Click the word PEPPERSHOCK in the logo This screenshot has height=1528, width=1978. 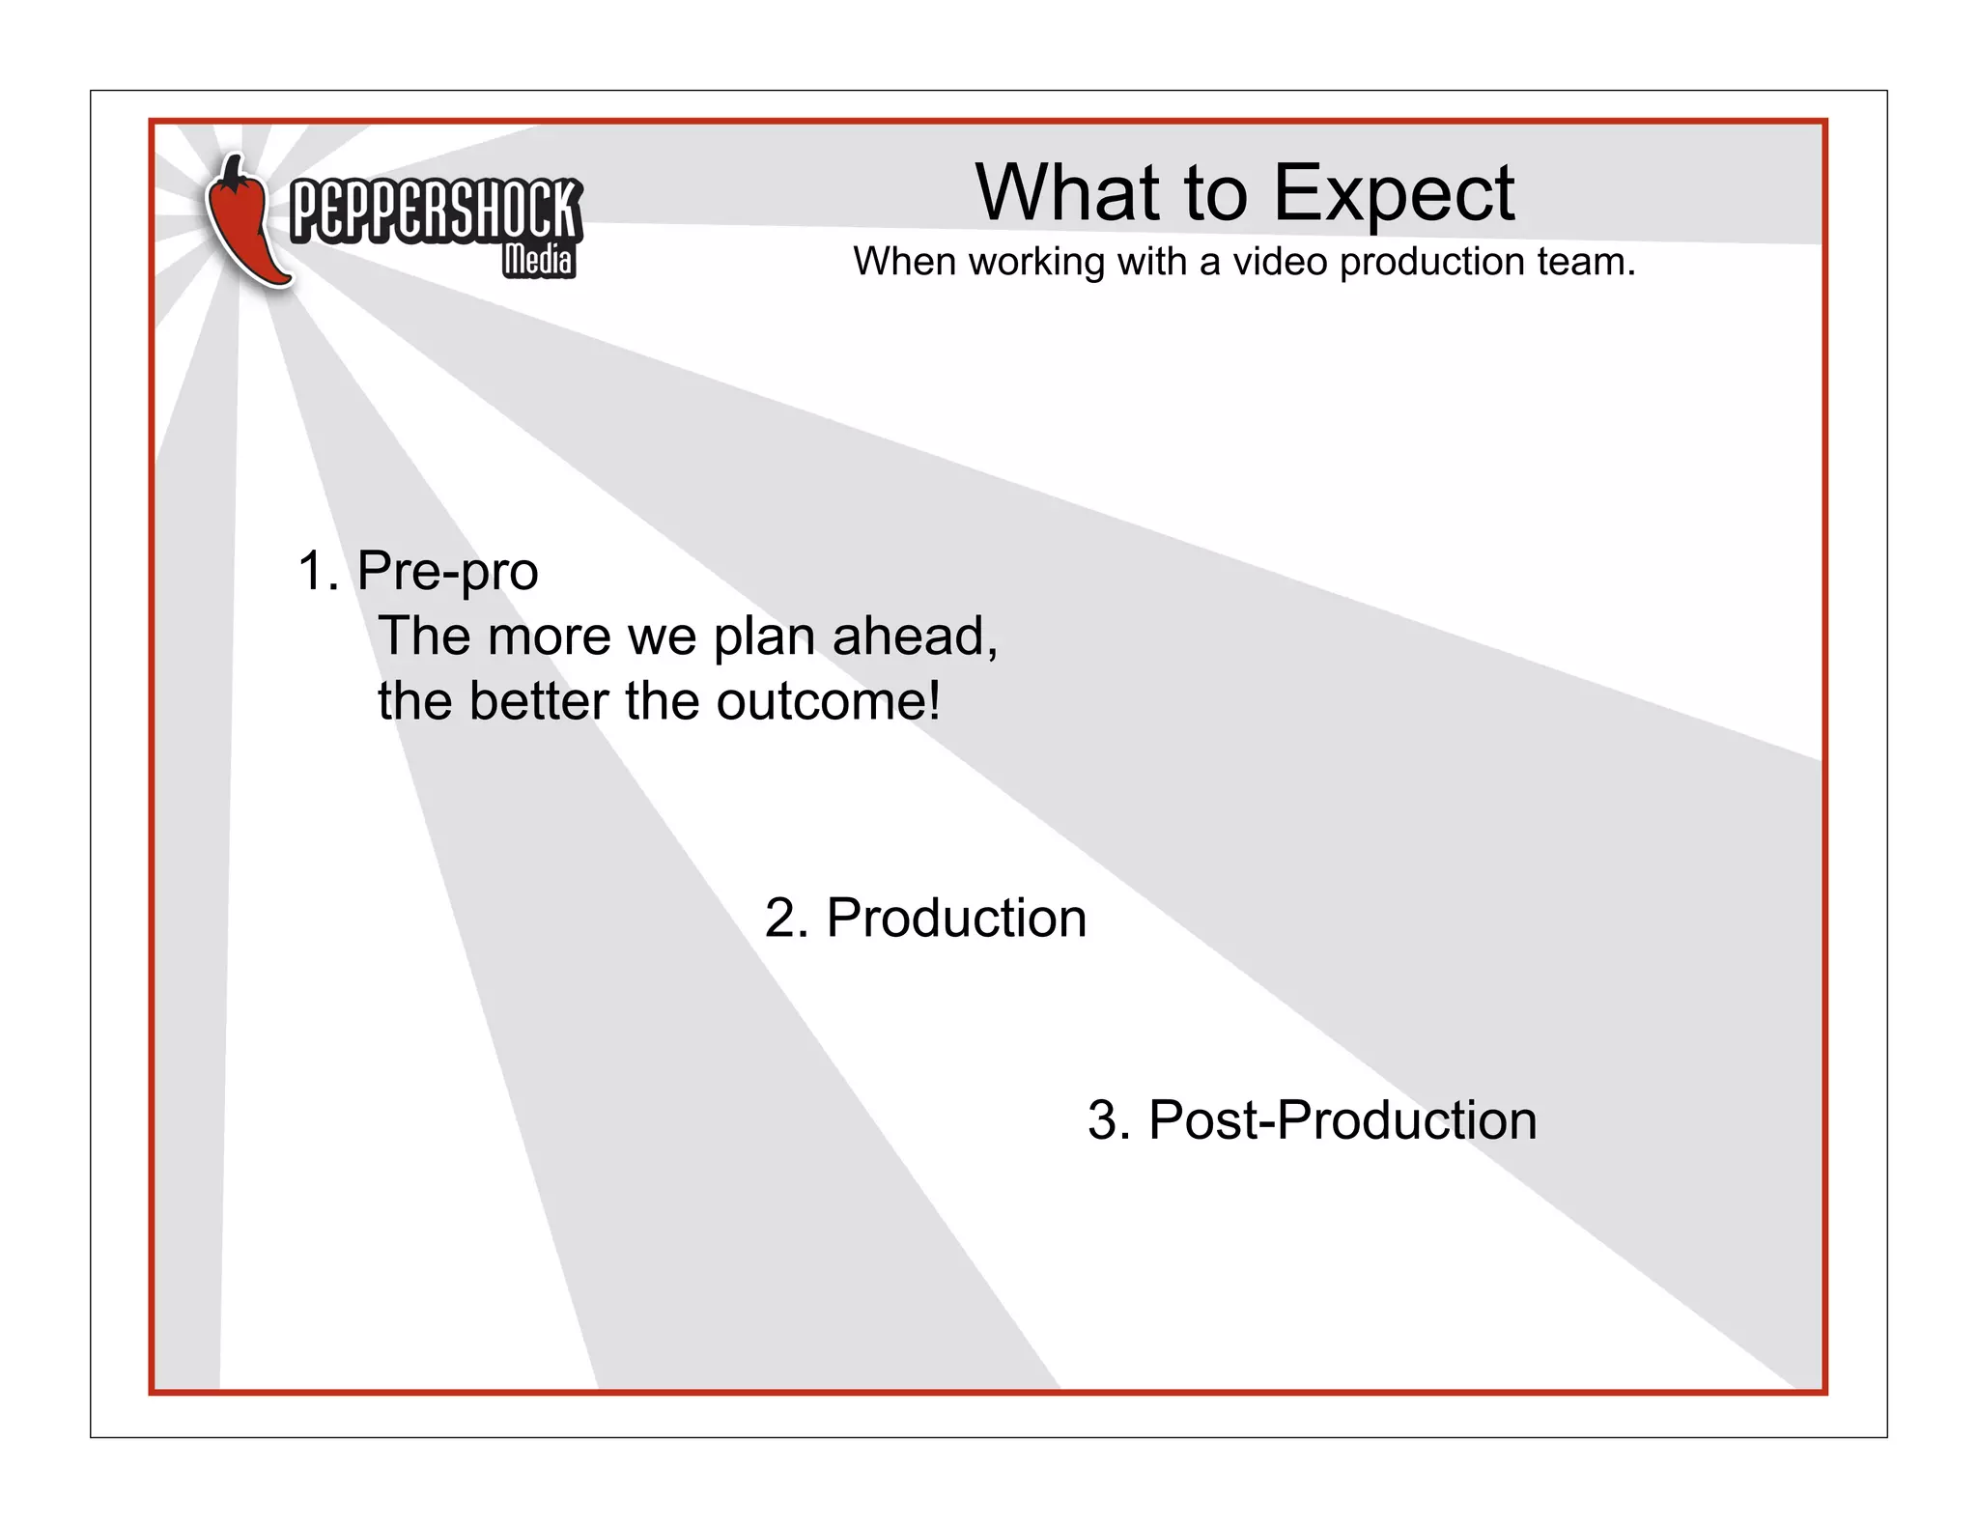[x=436, y=210]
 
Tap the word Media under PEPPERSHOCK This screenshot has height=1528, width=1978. [x=538, y=260]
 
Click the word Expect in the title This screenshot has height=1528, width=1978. [x=1394, y=194]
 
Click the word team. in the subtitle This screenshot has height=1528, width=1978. [x=1587, y=262]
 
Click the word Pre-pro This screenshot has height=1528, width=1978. [x=447, y=572]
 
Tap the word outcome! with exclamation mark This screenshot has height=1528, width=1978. [x=828, y=701]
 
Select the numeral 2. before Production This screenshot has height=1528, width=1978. [x=785, y=918]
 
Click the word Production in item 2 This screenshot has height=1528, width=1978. [x=956, y=918]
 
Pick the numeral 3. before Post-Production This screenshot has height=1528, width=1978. [x=1109, y=1120]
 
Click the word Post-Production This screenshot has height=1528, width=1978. [x=1342, y=1120]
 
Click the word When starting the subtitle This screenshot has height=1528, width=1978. [x=904, y=262]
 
